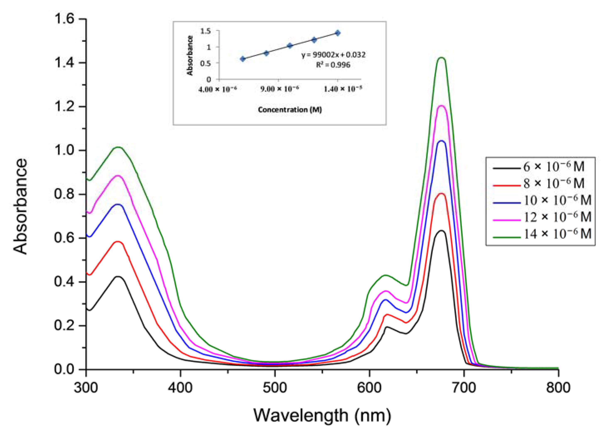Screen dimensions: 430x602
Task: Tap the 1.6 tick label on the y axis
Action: pyautogui.click(x=65, y=19)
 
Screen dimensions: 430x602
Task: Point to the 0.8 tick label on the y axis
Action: pyautogui.click(x=65, y=194)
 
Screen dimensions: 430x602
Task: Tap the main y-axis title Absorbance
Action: pyautogui.click(x=20, y=206)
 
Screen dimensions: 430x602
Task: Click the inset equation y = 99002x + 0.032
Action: pyautogui.click(x=333, y=55)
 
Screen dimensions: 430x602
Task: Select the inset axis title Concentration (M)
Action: pyautogui.click(x=290, y=110)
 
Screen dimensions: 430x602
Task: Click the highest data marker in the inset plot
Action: pyautogui.click(x=338, y=33)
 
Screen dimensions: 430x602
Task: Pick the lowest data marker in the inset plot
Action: pyautogui.click(x=243, y=59)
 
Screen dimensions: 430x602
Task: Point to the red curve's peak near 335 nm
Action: pyautogui.click(x=118, y=241)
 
